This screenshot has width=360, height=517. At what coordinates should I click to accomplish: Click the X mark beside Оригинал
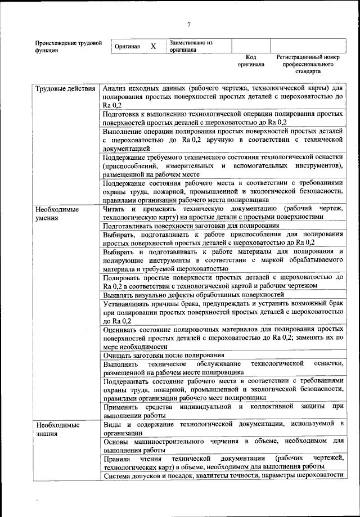[x=153, y=46]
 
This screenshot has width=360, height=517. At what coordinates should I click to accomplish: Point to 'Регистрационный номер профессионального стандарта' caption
[x=308, y=64]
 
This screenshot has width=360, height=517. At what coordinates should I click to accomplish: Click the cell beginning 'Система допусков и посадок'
[x=223, y=475]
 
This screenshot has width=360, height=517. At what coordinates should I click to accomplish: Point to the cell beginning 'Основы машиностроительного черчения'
[x=223, y=446]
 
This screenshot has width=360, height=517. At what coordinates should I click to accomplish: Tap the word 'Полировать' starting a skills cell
[x=121, y=277]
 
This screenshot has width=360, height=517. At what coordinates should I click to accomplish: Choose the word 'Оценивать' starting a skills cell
[x=121, y=329]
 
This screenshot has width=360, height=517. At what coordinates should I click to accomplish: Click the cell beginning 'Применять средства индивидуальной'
[x=223, y=410]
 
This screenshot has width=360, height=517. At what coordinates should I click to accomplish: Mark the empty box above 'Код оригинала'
[x=250, y=46]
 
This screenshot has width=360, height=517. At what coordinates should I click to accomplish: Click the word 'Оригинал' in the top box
[x=127, y=47]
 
